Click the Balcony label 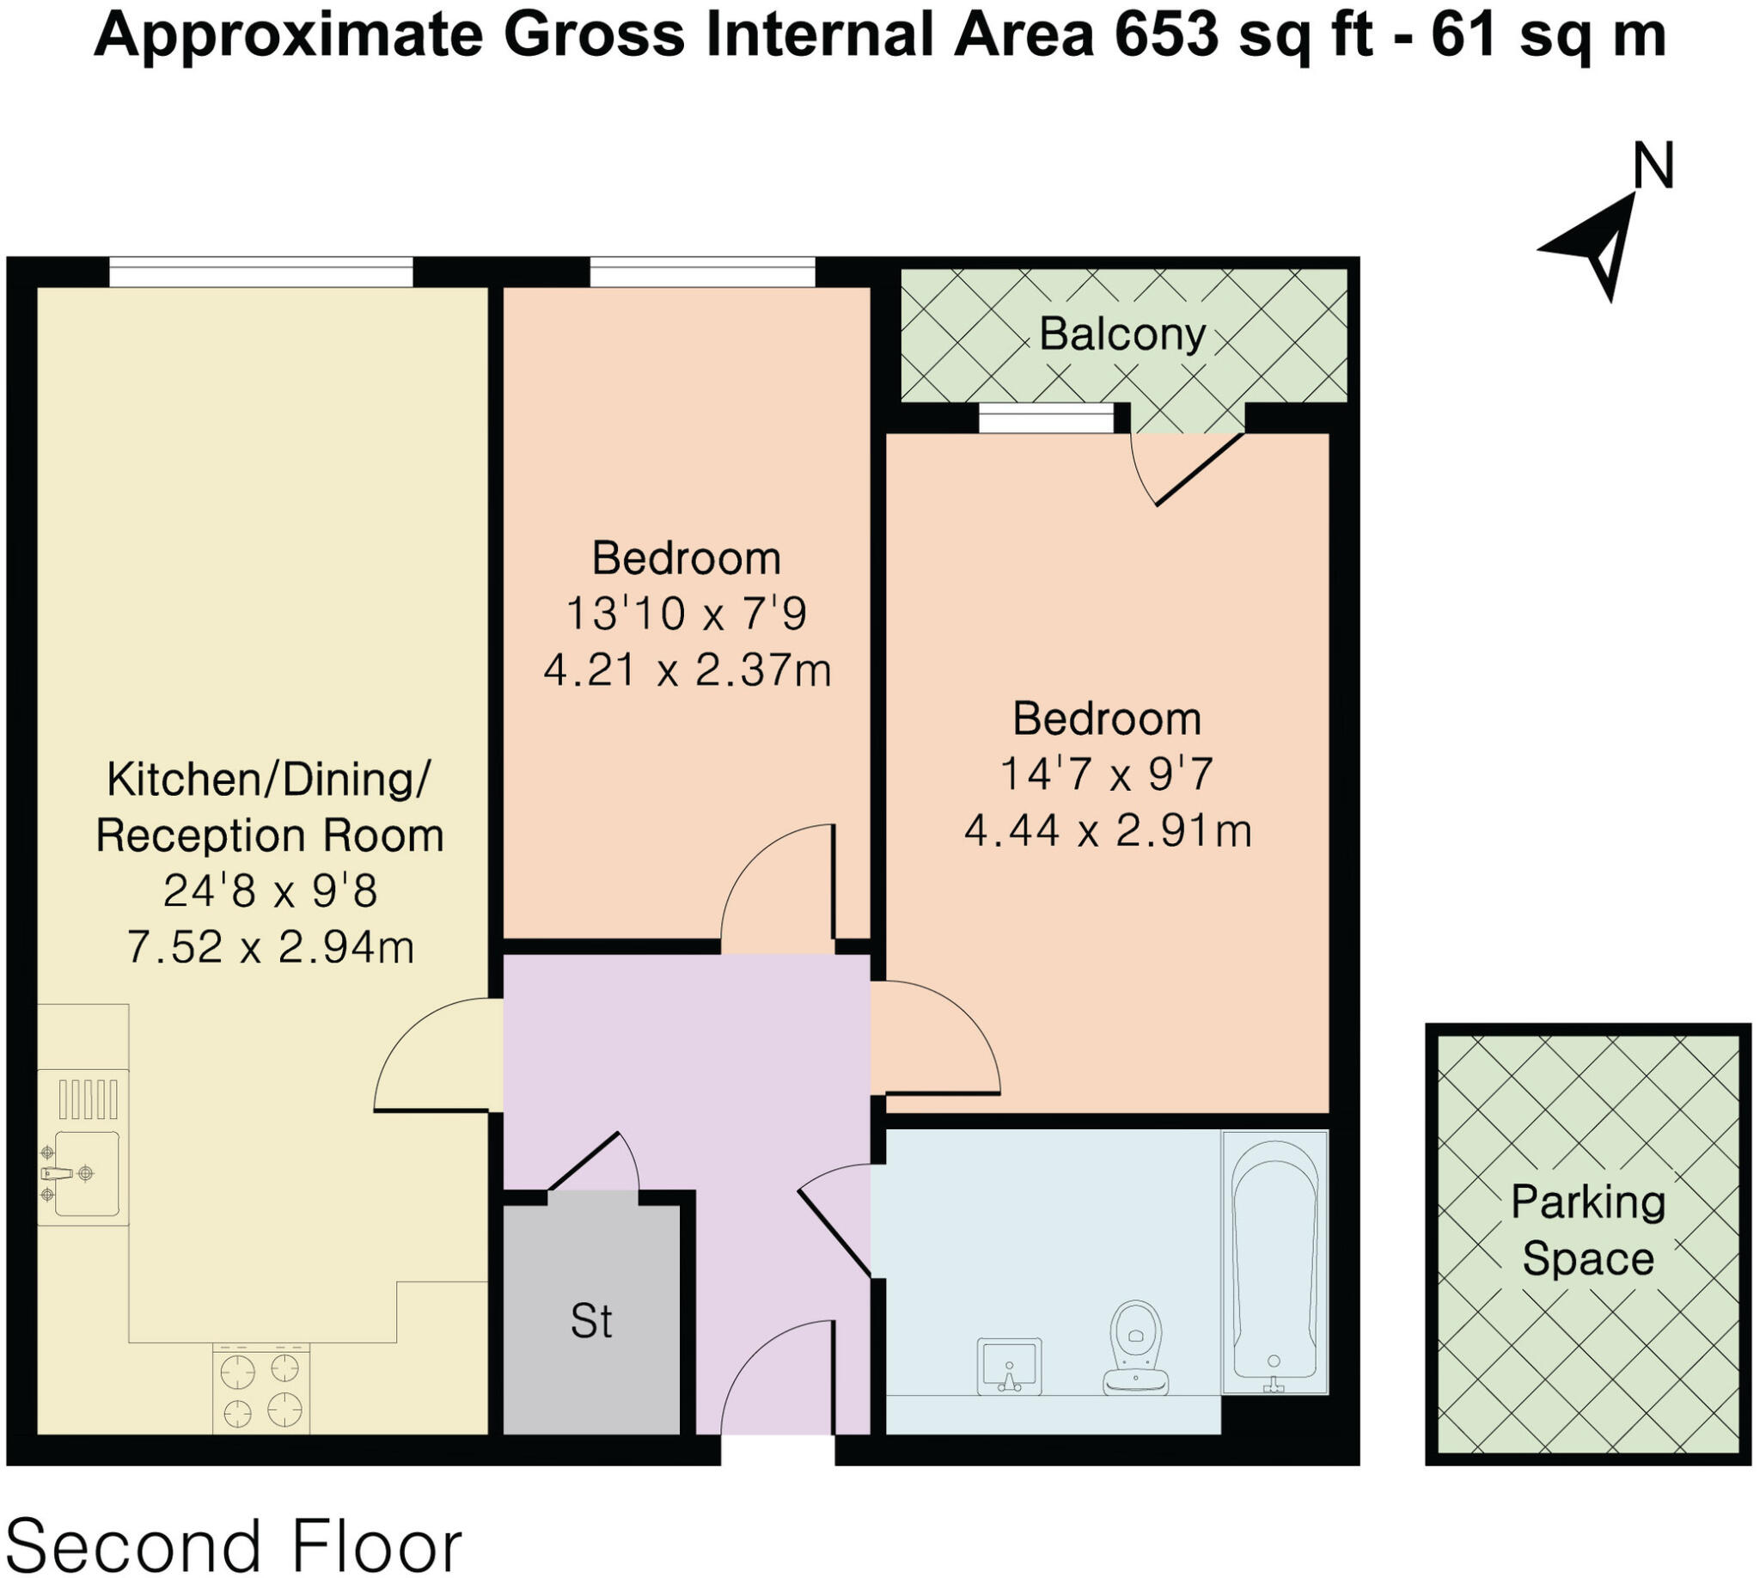(1121, 333)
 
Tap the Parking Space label (1587, 1230)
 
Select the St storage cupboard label (591, 1321)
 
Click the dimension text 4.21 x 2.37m (687, 670)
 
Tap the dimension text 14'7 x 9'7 (1106, 774)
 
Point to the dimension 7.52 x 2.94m (270, 946)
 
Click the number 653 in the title (1167, 35)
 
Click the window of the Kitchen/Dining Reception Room (260, 272)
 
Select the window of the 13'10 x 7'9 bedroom (702, 272)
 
